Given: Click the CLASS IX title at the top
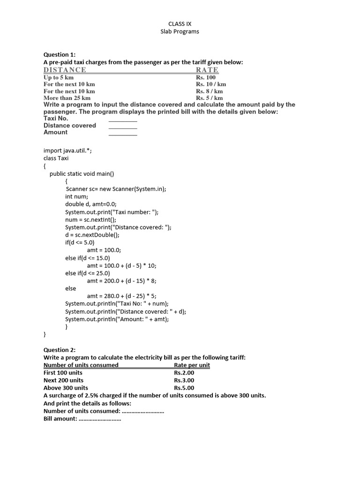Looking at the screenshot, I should pos(180,23).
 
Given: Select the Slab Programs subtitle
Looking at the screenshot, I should pos(180,31).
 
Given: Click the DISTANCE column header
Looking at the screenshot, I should pos(65,70).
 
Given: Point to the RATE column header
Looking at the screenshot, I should pos(207,70).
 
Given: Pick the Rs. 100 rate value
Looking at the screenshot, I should pos(206,77).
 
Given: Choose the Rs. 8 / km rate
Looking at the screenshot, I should pos(209,91).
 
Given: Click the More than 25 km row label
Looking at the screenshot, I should pos(67,98).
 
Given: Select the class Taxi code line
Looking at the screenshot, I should pos(56,158).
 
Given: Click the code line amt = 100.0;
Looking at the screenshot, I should pos(104,250).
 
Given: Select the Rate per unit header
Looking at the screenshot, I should pos(192,365).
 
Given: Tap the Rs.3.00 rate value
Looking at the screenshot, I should pos(184,380).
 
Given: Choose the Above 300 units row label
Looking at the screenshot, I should pos(66,388).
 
